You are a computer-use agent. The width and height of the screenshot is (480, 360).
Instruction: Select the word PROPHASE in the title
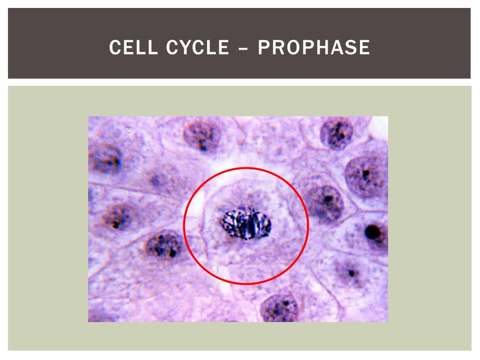tap(314, 48)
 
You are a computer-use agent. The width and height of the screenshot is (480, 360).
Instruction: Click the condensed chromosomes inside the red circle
tap(246, 223)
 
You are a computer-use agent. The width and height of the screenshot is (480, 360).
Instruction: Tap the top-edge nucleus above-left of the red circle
tap(201, 135)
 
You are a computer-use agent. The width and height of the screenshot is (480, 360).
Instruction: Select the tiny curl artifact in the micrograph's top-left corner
tap(130, 129)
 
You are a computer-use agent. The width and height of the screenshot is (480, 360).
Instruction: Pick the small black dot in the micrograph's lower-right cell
tap(351, 273)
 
